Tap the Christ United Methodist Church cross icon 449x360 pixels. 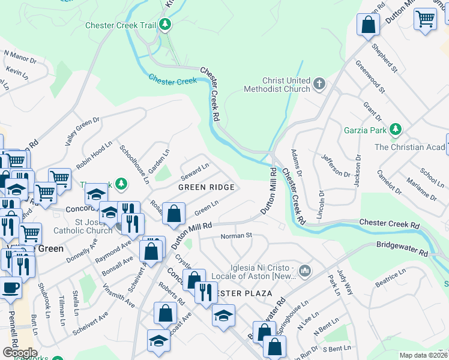(x=319, y=84)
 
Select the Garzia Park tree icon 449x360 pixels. (x=395, y=130)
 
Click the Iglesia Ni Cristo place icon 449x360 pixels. (x=306, y=271)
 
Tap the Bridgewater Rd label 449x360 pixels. (x=403, y=246)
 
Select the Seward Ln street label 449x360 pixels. (x=196, y=170)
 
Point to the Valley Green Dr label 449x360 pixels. (x=82, y=130)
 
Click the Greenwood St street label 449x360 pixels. (x=369, y=76)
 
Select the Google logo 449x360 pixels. (x=19, y=352)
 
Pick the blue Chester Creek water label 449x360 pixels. (x=172, y=80)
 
